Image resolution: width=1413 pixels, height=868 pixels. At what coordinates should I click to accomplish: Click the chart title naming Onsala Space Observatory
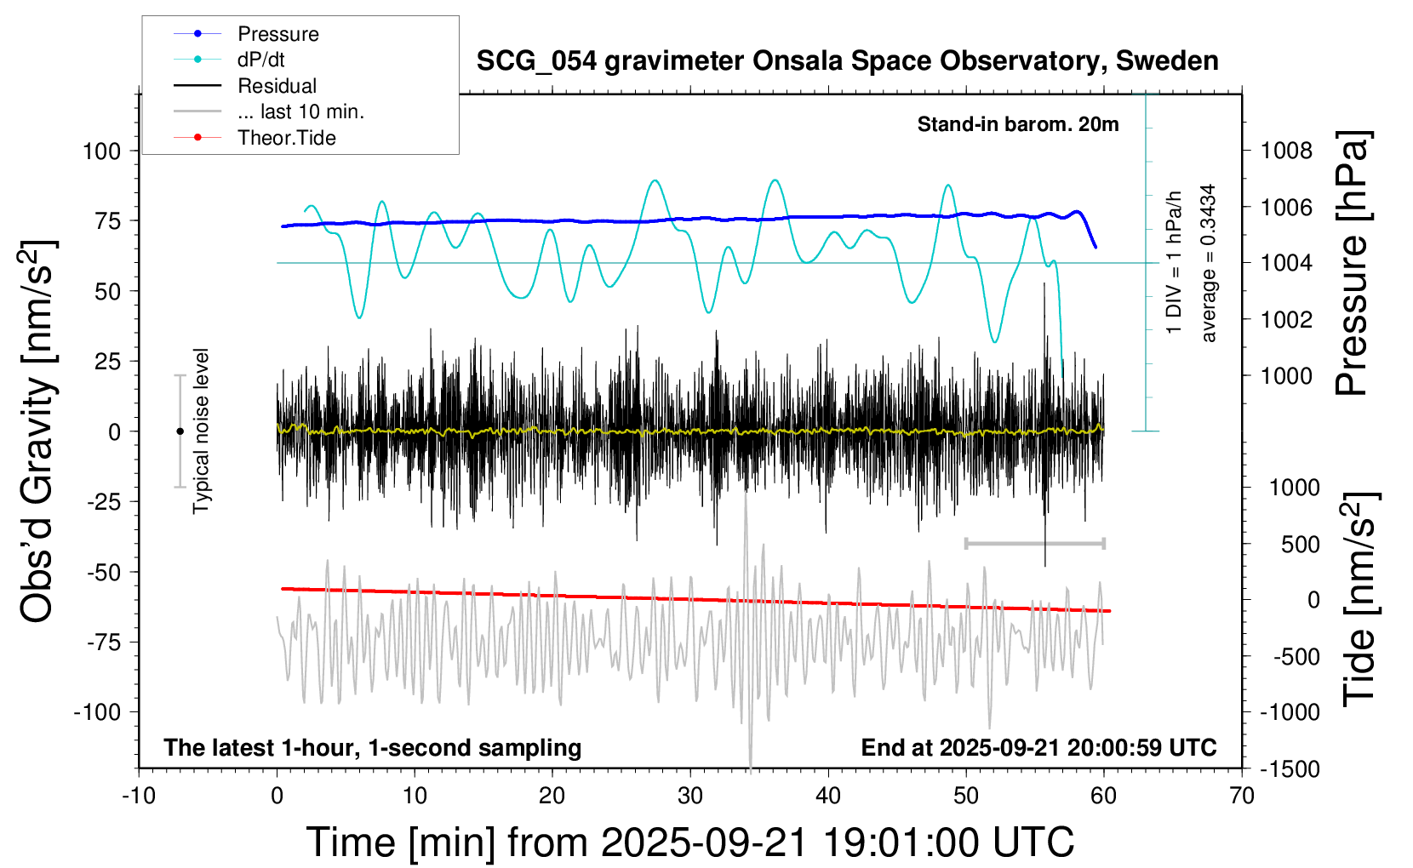pyautogui.click(x=847, y=61)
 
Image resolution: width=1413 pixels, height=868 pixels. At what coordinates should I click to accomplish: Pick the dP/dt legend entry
pyautogui.click(x=260, y=60)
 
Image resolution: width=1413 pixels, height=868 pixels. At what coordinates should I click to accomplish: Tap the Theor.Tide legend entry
pyautogui.click(x=286, y=138)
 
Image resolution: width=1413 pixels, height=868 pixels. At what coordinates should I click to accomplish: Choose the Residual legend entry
pyautogui.click(x=277, y=86)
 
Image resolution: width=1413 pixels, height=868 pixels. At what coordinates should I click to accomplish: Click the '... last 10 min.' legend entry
pyautogui.click(x=300, y=111)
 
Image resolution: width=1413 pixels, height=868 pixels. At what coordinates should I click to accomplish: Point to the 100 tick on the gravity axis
pyautogui.click(x=102, y=151)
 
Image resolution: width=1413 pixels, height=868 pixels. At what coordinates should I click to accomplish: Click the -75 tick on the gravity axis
pyautogui.click(x=103, y=642)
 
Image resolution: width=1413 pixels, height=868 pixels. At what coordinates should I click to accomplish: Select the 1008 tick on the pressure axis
pyautogui.click(x=1286, y=151)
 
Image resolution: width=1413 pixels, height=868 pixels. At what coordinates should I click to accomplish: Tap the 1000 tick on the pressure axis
pyautogui.click(x=1286, y=376)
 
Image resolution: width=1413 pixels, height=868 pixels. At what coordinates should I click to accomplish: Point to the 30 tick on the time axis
pyautogui.click(x=690, y=797)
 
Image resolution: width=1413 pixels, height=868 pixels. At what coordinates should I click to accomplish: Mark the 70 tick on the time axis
pyautogui.click(x=1242, y=797)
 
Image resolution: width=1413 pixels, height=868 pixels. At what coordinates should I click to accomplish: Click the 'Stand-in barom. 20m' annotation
pyautogui.click(x=1017, y=124)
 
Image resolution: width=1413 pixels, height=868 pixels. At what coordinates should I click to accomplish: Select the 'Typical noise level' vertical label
pyautogui.click(x=201, y=431)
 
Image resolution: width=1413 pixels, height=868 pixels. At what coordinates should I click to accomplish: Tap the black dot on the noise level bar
pyautogui.click(x=180, y=431)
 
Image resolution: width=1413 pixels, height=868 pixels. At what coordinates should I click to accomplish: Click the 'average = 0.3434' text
pyautogui.click(x=1208, y=263)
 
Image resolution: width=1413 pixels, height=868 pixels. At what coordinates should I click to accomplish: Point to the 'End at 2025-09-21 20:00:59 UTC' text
pyautogui.click(x=1038, y=748)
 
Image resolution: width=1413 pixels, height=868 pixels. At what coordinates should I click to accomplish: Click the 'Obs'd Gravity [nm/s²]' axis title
pyautogui.click(x=38, y=431)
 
